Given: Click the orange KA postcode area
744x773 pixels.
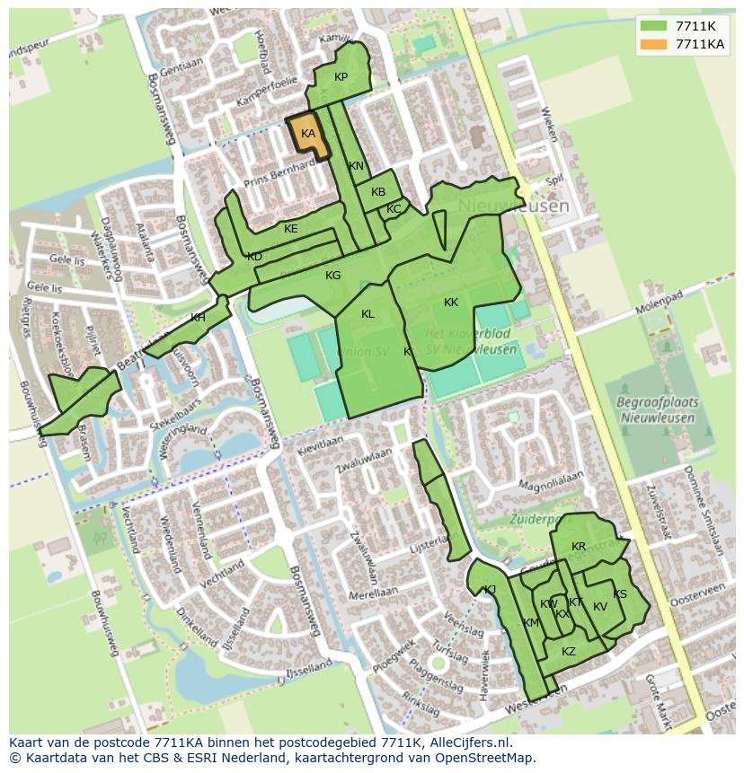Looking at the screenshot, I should (306, 135).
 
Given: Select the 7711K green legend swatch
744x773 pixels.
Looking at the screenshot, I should (655, 26).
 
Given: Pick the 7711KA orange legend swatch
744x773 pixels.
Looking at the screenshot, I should (655, 44).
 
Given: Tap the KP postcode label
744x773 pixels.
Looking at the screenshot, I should (341, 77).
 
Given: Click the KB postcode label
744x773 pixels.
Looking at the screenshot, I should (378, 192).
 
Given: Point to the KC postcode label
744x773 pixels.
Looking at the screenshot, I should (394, 209).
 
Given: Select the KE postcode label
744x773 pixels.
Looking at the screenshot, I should (290, 229).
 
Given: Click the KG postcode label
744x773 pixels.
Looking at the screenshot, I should (332, 276).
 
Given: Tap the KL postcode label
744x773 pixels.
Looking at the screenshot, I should (368, 314).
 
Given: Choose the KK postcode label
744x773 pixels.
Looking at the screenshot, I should (451, 303).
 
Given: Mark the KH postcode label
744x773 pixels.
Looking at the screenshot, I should (198, 318).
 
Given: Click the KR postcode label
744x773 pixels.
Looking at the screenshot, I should (579, 547).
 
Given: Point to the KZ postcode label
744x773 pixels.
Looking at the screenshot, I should (569, 652).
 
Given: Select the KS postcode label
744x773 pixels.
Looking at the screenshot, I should (620, 594).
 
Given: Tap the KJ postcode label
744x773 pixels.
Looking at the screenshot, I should (490, 590).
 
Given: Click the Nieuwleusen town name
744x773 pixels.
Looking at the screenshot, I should (513, 206).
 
